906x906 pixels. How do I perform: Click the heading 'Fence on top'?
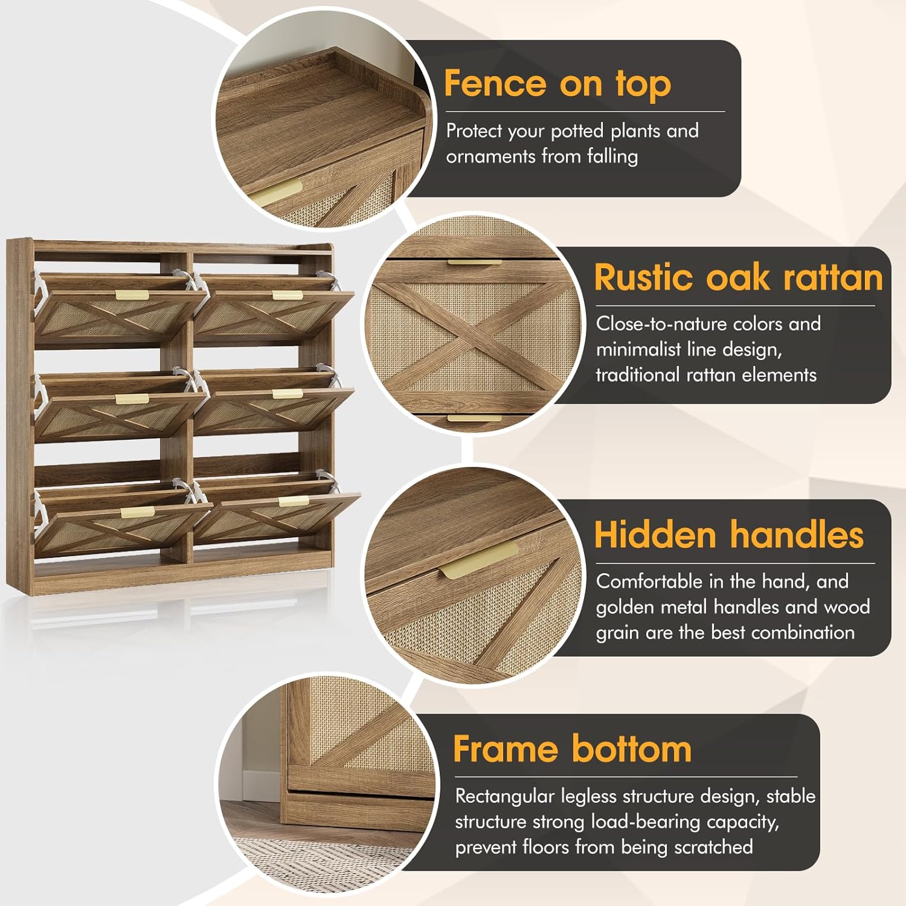(557, 83)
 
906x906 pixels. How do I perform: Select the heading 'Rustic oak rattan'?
(738, 277)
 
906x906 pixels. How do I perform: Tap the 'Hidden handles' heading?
(729, 535)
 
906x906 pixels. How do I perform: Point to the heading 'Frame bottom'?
(573, 749)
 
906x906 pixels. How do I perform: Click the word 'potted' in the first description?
(577, 131)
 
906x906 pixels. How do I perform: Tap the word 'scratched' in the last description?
(713, 847)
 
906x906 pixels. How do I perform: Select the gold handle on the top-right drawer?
(288, 295)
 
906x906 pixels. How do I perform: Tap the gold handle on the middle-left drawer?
(132, 399)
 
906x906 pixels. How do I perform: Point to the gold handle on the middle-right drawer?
(288, 394)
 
